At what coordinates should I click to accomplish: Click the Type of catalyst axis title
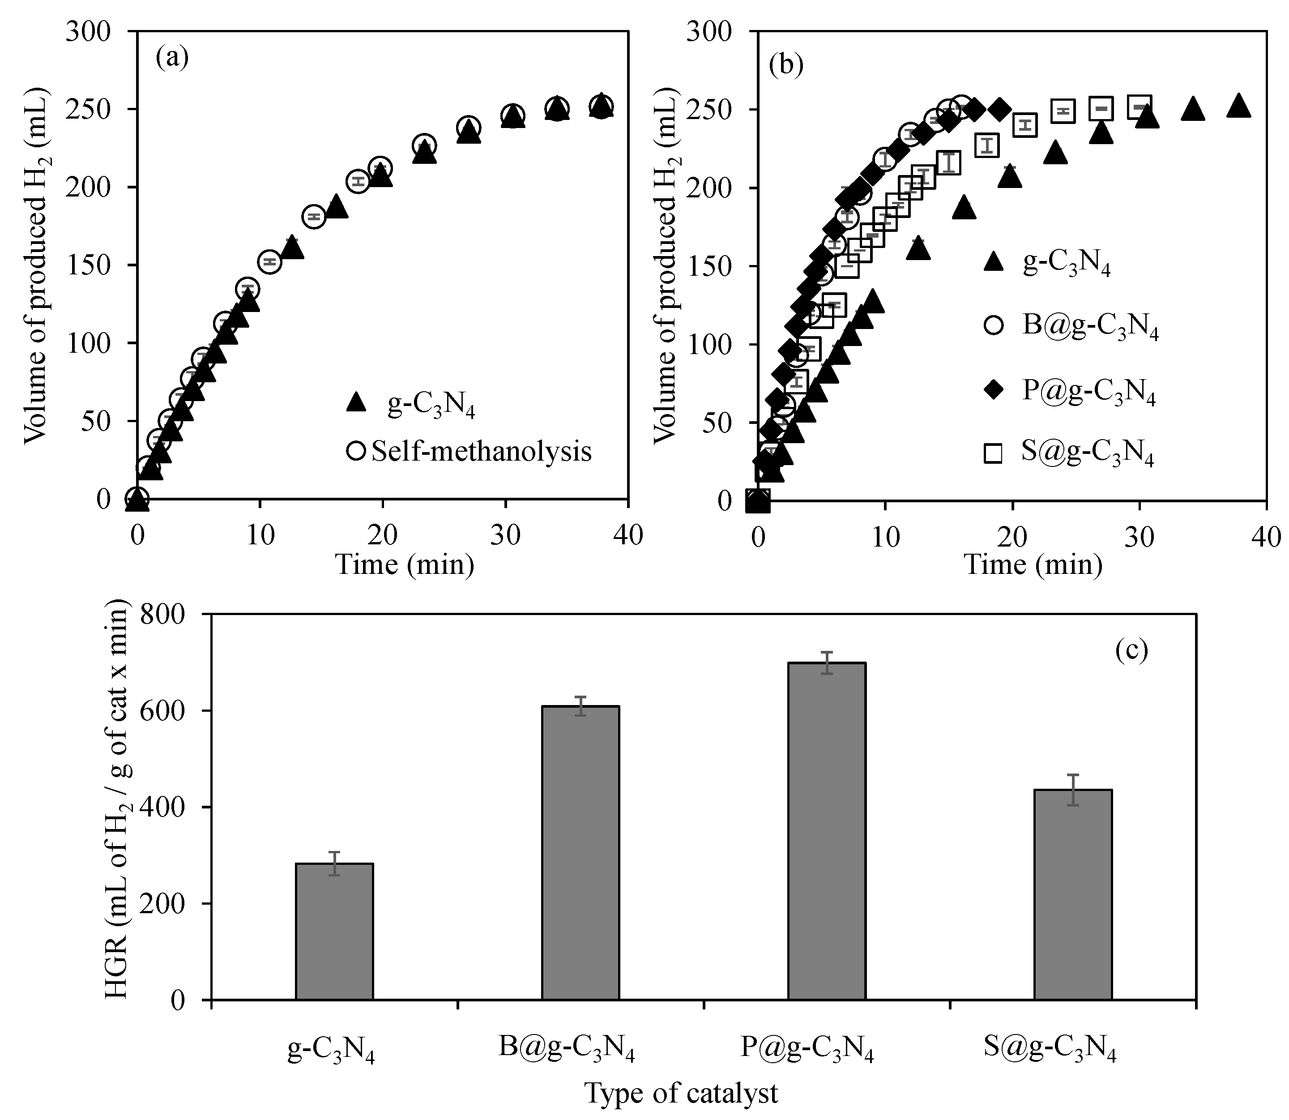point(681,1093)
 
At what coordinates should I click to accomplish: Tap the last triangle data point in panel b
point(1238,106)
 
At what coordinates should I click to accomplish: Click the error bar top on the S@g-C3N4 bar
point(1073,775)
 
